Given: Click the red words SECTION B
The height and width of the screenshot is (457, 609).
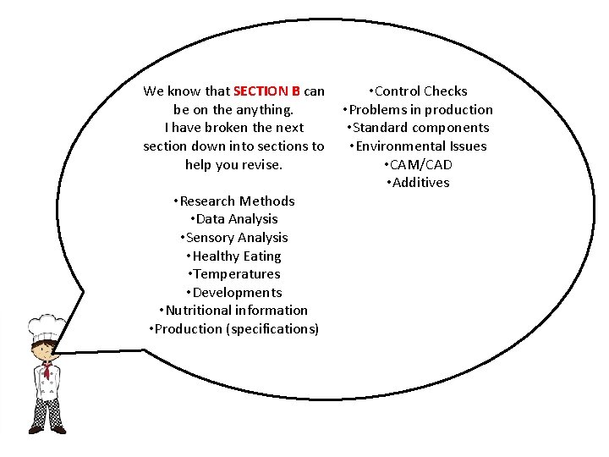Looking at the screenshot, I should point(266,91).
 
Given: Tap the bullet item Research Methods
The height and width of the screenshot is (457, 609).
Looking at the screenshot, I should point(233,201).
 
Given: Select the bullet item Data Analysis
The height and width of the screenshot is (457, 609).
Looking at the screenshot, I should point(233,219).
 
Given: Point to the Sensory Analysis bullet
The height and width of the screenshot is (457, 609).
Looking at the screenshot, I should point(233,238).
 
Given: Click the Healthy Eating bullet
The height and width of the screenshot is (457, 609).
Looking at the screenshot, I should point(233,256).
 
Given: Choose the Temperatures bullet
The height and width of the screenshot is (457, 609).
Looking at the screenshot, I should point(233,274).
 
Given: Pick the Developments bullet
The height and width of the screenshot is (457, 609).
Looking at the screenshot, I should point(233,293).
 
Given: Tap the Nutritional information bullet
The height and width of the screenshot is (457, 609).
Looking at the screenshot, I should point(233,311).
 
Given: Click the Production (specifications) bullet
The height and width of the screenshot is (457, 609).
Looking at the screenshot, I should point(233,329).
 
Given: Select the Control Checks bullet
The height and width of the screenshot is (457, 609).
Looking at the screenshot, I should point(417,91).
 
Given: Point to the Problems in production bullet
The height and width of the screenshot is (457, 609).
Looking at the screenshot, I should point(417,110).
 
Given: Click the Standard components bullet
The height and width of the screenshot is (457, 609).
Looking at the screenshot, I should point(417,128).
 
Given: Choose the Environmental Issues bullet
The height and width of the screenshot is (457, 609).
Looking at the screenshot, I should point(417,146).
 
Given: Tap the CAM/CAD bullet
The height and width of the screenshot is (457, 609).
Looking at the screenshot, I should point(417,165).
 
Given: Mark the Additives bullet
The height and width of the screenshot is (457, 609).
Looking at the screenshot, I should point(417,183).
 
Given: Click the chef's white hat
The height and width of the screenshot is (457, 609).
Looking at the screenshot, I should point(46,326).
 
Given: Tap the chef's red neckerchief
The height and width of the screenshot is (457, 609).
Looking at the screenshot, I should point(47,370).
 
